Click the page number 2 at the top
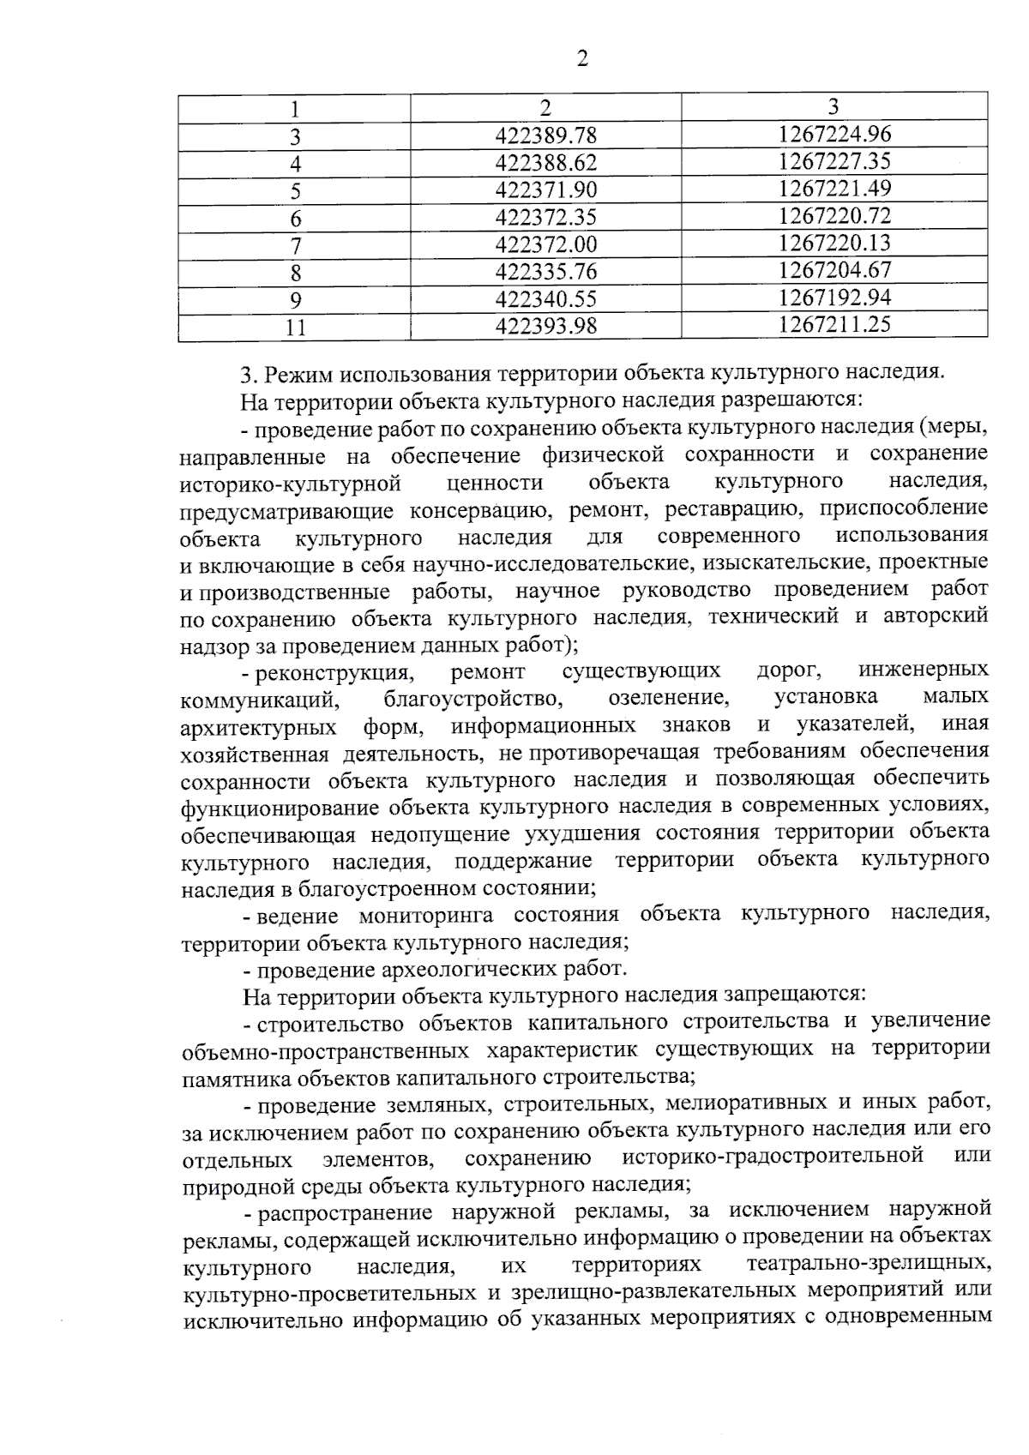pyautogui.click(x=582, y=59)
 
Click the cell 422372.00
pyautogui.click(x=545, y=244)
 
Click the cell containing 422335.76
pyautogui.click(x=545, y=272)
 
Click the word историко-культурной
pyautogui.click(x=291, y=484)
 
